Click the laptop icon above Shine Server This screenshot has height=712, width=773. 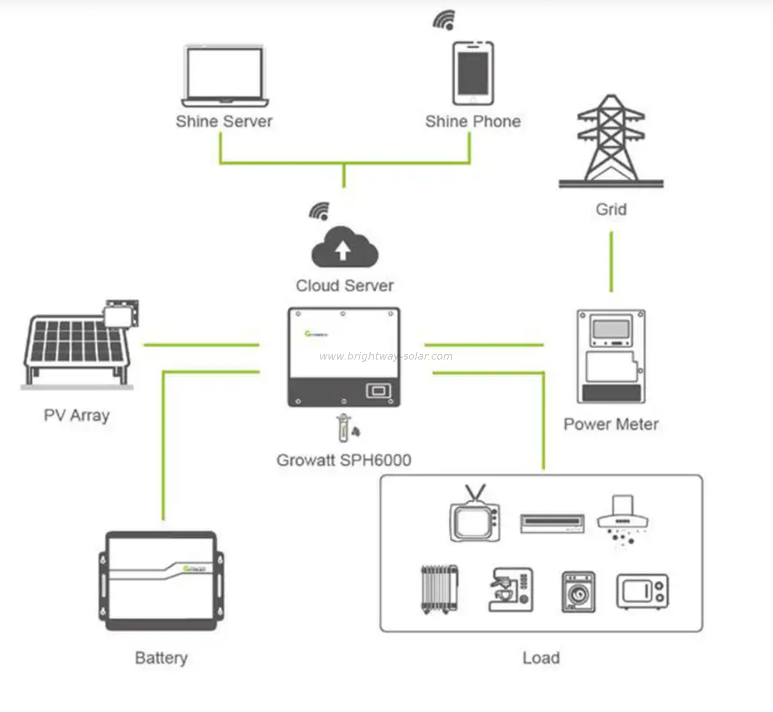225,76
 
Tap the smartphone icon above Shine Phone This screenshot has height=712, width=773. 473,74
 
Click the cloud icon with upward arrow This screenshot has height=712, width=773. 345,248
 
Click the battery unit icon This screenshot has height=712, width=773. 161,580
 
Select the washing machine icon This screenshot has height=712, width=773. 578,592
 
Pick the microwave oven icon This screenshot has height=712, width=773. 642,591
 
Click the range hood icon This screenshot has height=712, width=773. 623,518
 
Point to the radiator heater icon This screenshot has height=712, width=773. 439,589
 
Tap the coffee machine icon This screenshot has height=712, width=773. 511,590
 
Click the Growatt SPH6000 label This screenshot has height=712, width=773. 344,460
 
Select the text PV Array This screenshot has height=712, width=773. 77,416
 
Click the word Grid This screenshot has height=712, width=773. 611,209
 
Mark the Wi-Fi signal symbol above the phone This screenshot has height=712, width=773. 445,20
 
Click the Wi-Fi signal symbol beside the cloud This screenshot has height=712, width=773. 320,211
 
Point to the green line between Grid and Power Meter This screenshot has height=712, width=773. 611,262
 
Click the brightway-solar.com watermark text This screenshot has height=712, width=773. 386,356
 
